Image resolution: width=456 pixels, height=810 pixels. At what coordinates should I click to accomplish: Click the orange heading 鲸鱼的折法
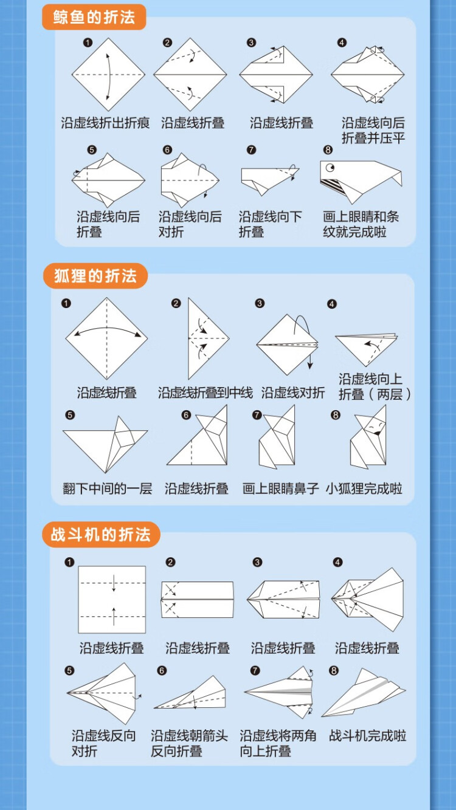coord(94,17)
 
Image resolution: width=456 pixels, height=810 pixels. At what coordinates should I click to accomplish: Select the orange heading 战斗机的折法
coord(101,535)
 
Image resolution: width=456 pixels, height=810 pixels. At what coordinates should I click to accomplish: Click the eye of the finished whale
coord(330,167)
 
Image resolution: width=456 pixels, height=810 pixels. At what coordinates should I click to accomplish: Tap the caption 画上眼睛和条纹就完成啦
coord(354,224)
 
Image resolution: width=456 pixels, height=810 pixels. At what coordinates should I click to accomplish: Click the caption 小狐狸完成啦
coord(364,489)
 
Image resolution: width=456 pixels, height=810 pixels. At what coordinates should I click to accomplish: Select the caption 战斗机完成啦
coord(367,736)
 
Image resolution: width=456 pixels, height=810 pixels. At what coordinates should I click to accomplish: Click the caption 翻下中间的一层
coord(107,489)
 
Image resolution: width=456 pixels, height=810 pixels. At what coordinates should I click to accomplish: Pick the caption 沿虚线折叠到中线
coord(206,393)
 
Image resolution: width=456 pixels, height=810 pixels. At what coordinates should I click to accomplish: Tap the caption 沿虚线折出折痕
coord(105,123)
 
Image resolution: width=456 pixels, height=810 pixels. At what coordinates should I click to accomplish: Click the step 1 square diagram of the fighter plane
coord(112,599)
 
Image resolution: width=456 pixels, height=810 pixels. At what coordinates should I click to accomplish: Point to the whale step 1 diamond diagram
coord(108,74)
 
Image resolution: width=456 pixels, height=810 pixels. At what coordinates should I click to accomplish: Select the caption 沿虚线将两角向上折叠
coord(278,743)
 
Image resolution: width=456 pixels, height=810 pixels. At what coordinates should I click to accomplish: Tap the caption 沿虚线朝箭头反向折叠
coord(189,743)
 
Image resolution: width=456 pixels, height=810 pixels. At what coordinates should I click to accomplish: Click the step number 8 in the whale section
coord(328,149)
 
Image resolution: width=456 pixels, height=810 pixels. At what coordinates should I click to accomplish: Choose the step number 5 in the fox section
coord(70,415)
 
